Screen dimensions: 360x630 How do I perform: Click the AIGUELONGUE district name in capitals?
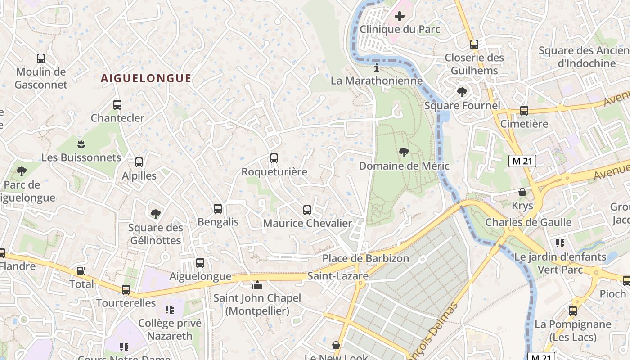click(x=146, y=78)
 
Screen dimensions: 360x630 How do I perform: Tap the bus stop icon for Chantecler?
click(x=117, y=105)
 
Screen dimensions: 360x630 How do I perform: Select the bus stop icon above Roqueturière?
click(x=274, y=158)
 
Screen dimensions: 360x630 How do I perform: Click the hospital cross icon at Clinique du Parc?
click(x=399, y=17)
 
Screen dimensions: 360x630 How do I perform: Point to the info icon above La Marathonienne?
click(x=377, y=68)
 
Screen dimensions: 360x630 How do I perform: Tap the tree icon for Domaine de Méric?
click(x=404, y=153)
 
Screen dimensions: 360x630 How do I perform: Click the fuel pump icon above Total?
click(x=81, y=271)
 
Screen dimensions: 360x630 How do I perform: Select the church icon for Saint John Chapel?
click(x=257, y=285)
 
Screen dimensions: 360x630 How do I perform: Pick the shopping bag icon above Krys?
click(x=522, y=193)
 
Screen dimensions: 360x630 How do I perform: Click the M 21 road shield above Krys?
click(x=522, y=161)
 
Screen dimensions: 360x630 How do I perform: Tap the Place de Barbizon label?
click(x=365, y=258)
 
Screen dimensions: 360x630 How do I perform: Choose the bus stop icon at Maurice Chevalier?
click(x=307, y=210)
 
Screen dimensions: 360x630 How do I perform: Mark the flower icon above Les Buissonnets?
click(x=81, y=144)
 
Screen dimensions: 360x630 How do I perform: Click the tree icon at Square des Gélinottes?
click(x=155, y=214)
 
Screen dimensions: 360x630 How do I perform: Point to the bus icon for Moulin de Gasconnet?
click(x=41, y=58)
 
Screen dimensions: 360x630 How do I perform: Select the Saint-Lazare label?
click(x=337, y=276)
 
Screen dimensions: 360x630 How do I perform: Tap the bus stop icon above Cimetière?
click(x=524, y=111)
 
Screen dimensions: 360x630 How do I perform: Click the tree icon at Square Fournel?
click(x=462, y=92)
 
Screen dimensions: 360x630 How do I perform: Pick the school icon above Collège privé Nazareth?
click(x=169, y=310)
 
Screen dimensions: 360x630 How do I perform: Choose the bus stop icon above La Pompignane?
click(x=572, y=311)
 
